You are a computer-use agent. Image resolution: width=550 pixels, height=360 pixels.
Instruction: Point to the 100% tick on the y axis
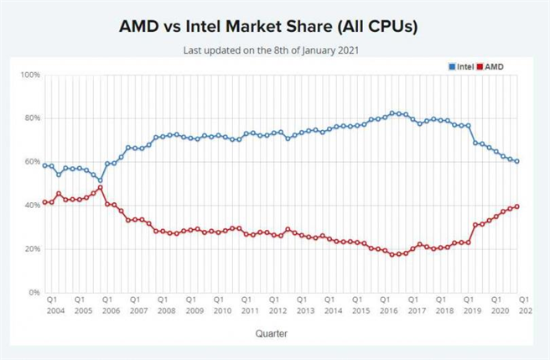(x=30, y=75)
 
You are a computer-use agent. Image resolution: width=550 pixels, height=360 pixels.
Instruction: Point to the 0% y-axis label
(x=34, y=293)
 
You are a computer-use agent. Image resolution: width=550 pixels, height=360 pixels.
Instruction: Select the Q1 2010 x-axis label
(x=218, y=305)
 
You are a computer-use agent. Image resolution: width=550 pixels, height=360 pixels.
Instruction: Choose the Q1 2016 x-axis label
(x=385, y=305)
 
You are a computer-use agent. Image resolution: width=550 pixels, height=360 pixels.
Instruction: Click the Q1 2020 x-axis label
(x=496, y=305)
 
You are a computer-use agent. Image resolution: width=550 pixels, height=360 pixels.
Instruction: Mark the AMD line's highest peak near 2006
(x=100, y=187)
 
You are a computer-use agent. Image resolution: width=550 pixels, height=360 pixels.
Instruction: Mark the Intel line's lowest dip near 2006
(x=100, y=180)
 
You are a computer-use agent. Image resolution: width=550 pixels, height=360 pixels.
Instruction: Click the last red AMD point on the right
(x=516, y=206)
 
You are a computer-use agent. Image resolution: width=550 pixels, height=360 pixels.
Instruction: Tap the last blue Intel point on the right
(x=516, y=161)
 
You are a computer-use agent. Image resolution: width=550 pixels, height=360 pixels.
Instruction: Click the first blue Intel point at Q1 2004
(x=44, y=165)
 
